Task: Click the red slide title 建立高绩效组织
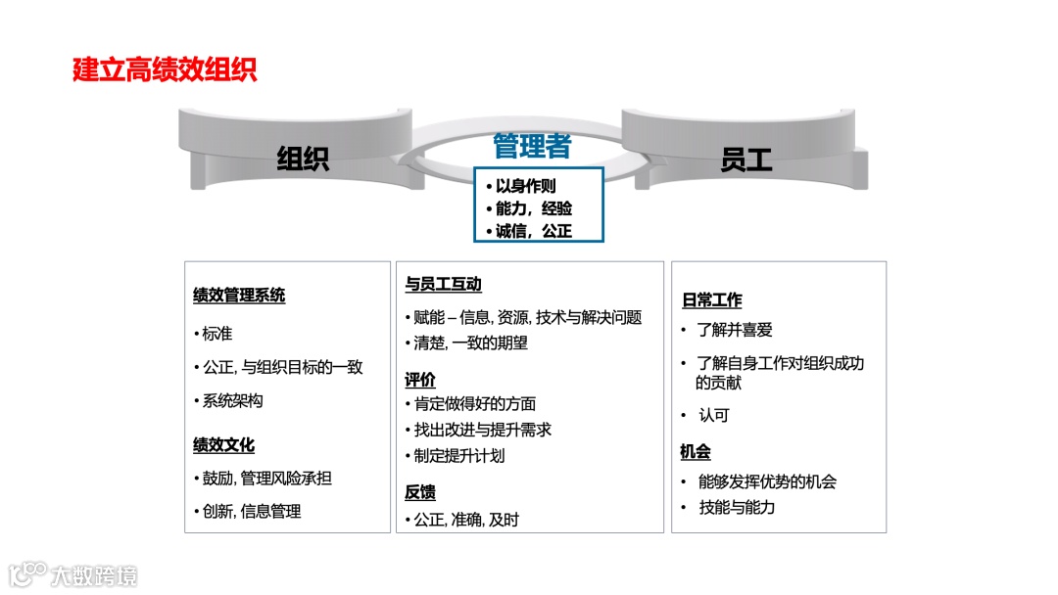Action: pyautogui.click(x=165, y=71)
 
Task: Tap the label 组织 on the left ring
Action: pyautogui.click(x=302, y=160)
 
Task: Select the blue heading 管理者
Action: pyautogui.click(x=532, y=147)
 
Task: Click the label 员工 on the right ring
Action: pyautogui.click(x=745, y=160)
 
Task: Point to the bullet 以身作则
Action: pyautogui.click(x=525, y=185)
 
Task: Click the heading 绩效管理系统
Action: pyautogui.click(x=239, y=296)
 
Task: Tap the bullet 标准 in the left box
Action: pyautogui.click(x=216, y=334)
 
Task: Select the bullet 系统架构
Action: pyautogui.click(x=231, y=401)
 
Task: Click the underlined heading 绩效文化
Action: pyautogui.click(x=223, y=445)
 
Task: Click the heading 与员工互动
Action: pyautogui.click(x=443, y=285)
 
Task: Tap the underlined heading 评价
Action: pyautogui.click(x=420, y=380)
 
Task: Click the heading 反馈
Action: pyautogui.click(x=420, y=492)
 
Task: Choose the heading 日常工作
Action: pyautogui.click(x=711, y=300)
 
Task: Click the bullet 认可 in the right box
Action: pyautogui.click(x=713, y=415)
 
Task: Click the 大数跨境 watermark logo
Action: pyautogui.click(x=73, y=574)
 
